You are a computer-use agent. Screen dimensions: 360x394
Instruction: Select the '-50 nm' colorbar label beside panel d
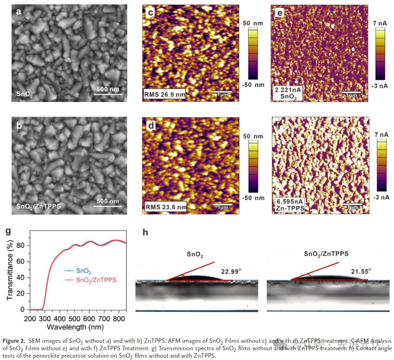pos(257,198)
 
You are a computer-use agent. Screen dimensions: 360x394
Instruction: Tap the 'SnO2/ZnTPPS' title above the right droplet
pos(323,252)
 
